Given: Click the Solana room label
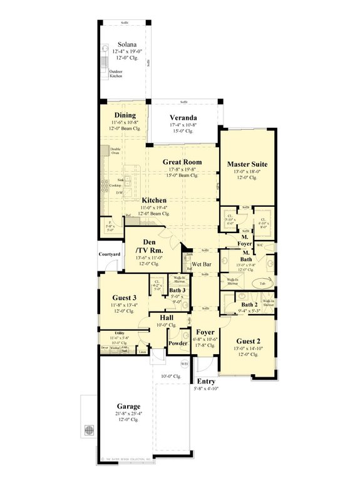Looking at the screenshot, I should click(127, 45).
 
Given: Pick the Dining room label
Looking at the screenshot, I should click(125, 115).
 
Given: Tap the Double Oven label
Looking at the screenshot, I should click(115, 151).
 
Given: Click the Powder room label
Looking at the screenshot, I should click(177, 343).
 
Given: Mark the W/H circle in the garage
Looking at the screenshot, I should click(185, 363).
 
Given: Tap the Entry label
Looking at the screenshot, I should click(206, 381).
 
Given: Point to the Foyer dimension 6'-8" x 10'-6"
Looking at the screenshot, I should click(205, 339).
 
